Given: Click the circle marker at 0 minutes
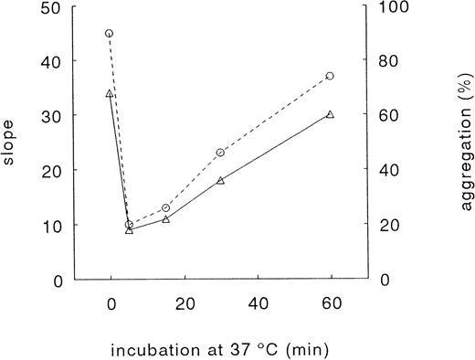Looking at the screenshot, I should [110, 33].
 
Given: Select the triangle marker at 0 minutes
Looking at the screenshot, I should [110, 93].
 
